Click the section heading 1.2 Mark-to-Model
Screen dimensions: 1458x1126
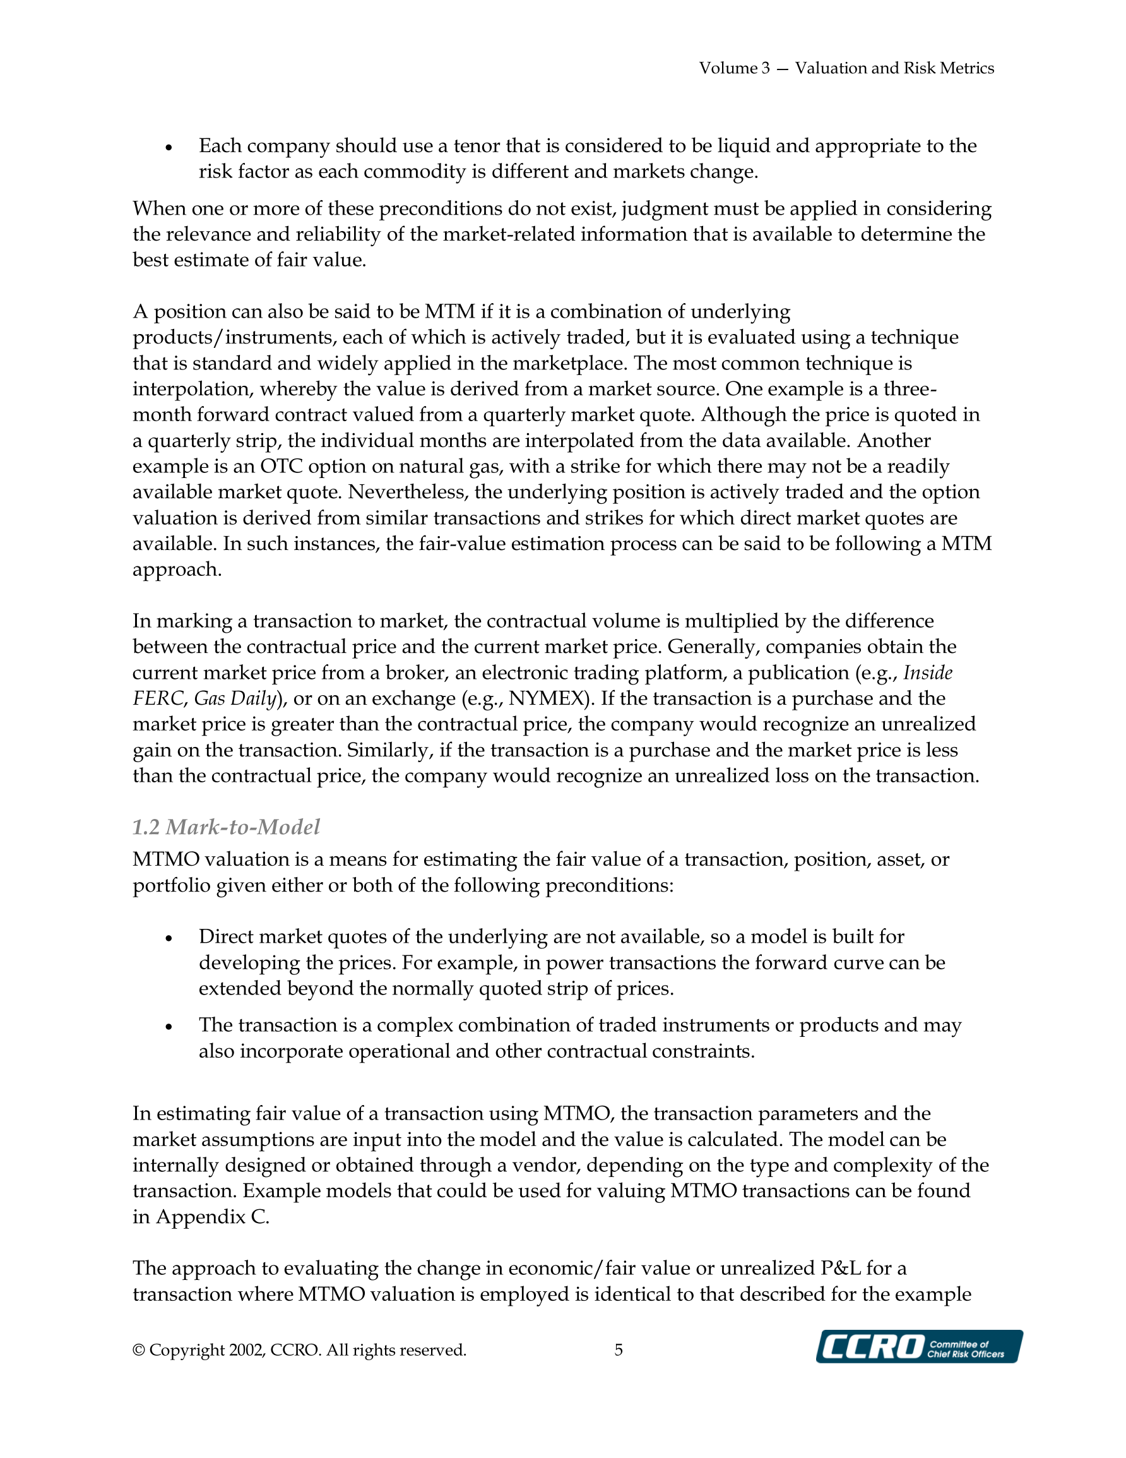(225, 827)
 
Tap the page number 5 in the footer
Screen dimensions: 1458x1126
(619, 1350)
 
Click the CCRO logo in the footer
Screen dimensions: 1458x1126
(918, 1346)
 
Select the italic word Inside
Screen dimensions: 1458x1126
(928, 672)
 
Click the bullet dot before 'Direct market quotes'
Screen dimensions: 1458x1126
(169, 938)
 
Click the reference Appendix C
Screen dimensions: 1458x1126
(211, 1217)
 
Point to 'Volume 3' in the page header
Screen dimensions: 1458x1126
(734, 68)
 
